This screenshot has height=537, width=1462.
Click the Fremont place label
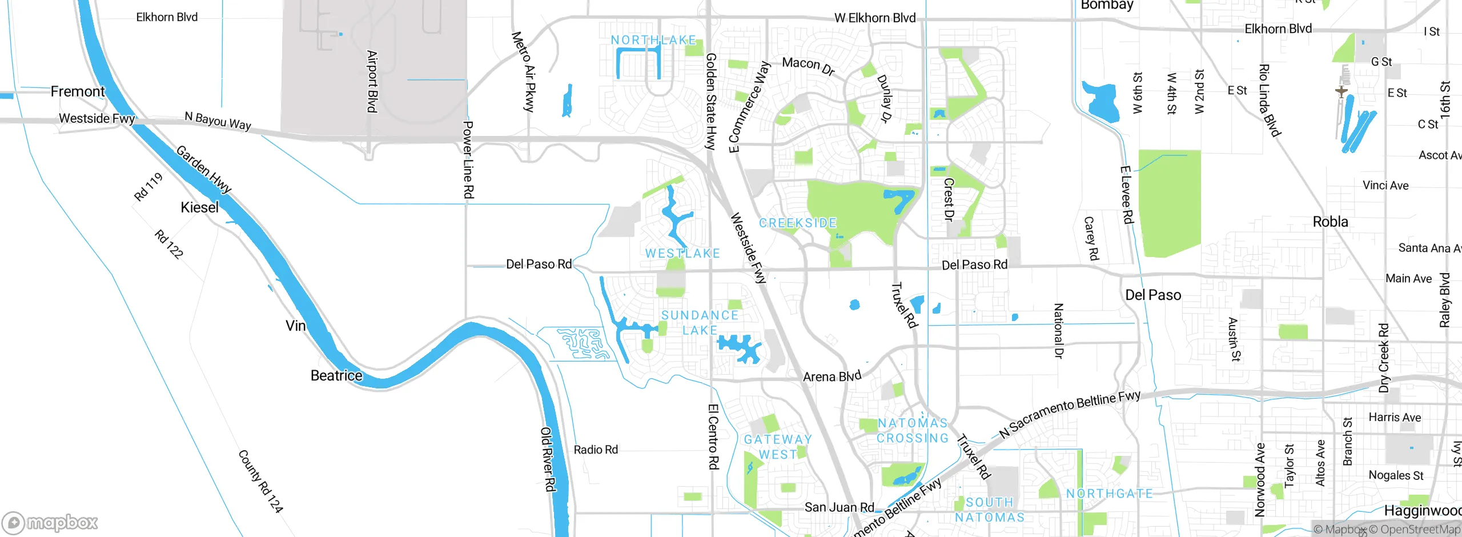(78, 91)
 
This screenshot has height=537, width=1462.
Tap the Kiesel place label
(199, 207)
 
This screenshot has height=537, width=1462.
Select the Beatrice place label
(336, 375)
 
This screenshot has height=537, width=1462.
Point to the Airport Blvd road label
(372, 81)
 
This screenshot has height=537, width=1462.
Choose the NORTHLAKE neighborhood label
(653, 40)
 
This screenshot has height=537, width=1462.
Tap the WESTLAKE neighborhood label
(682, 253)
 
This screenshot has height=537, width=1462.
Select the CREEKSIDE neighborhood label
(798, 223)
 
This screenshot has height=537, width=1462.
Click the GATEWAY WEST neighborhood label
(778, 447)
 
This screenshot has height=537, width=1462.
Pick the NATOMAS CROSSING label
(913, 430)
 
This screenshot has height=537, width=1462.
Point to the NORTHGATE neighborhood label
(1109, 494)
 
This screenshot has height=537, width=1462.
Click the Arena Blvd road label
(832, 376)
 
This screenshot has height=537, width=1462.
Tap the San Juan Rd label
(839, 507)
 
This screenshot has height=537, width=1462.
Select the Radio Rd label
(596, 450)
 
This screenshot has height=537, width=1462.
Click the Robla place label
(1330, 222)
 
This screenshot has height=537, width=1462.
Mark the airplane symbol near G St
(1341, 91)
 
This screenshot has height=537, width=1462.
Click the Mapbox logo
(50, 522)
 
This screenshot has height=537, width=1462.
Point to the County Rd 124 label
(260, 481)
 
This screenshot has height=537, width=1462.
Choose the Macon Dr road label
(808, 66)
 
